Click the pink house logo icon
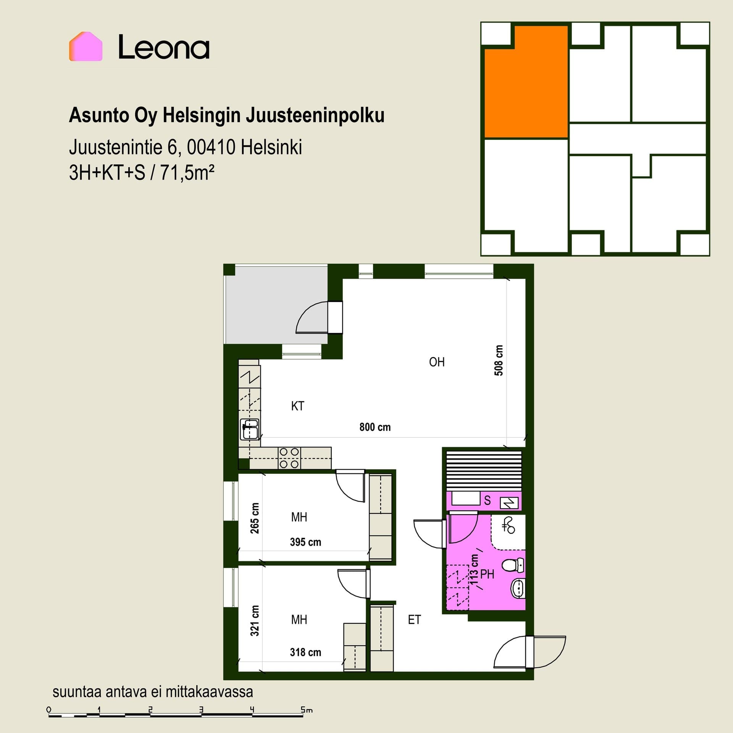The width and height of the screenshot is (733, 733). [86, 46]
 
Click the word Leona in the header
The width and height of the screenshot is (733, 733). [164, 47]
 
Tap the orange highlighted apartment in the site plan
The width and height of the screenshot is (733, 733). [526, 82]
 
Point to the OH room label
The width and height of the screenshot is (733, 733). [437, 362]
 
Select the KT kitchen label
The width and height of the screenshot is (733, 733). [297, 406]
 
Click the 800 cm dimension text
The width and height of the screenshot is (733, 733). [375, 427]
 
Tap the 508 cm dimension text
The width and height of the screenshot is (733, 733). [499, 360]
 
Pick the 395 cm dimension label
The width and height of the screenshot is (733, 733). [305, 542]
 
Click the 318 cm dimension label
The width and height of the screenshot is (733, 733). [305, 652]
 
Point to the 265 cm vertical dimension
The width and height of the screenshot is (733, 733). [255, 518]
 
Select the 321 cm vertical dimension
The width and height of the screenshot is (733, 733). [255, 621]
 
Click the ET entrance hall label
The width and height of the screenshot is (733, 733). [414, 619]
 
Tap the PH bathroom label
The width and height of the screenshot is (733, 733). [487, 574]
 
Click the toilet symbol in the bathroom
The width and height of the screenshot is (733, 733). [513, 565]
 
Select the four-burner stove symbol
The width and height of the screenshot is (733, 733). [289, 458]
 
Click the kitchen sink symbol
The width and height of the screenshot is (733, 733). [250, 429]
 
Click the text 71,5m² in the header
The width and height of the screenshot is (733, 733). [187, 173]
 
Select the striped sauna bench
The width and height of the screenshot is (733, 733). [484, 470]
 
